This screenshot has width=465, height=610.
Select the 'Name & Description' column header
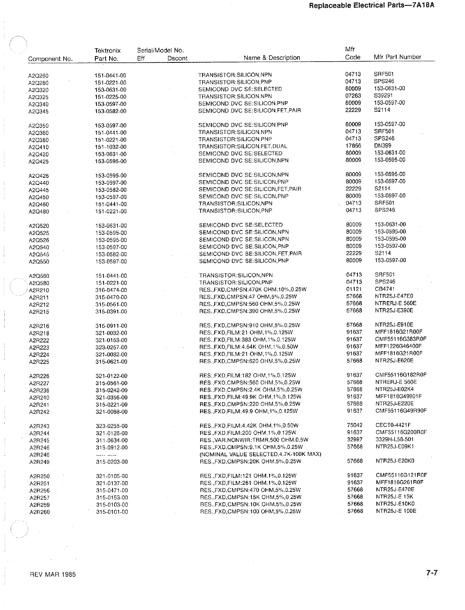(272, 58)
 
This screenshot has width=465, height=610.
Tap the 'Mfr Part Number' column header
(397, 57)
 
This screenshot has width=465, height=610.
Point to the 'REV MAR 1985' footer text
(53, 574)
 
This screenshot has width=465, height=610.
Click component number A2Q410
(39, 147)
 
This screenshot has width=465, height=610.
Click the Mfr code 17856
(353, 146)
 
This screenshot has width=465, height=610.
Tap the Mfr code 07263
(353, 96)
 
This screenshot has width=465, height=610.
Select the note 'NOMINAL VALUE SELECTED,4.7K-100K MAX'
(261, 454)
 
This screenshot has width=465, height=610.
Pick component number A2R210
(39, 290)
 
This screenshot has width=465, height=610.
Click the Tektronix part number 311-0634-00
(112, 441)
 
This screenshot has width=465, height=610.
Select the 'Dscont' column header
(177, 58)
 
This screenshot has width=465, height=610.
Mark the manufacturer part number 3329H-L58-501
(395, 439)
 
